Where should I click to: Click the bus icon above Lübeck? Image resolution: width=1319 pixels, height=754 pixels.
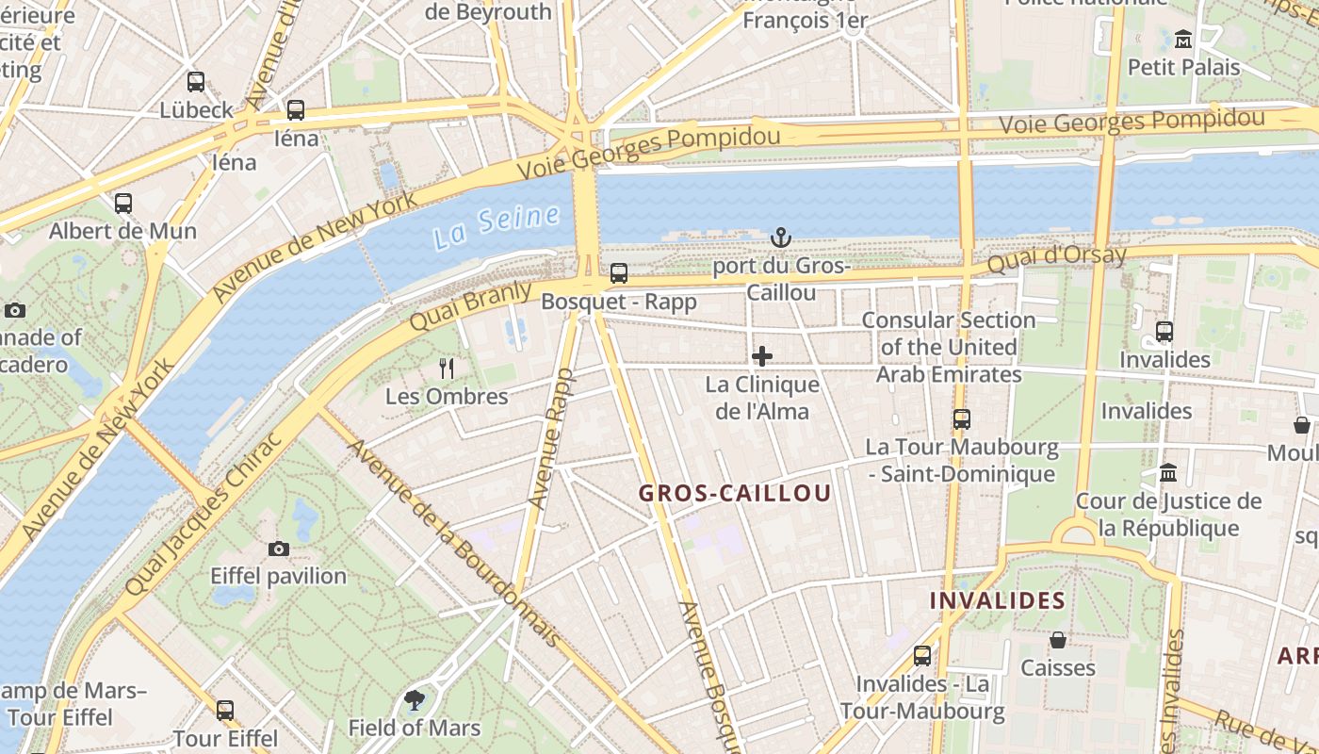pyautogui.click(x=196, y=82)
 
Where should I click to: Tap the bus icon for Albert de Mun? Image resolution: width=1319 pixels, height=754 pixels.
pyautogui.click(x=123, y=203)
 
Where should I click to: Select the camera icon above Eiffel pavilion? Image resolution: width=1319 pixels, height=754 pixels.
pyautogui.click(x=279, y=549)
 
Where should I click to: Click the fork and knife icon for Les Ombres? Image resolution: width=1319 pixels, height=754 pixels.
pyautogui.click(x=448, y=369)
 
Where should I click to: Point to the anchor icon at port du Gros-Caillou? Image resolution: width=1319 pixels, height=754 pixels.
pyautogui.click(x=781, y=238)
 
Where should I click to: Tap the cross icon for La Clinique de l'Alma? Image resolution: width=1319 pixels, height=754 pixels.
pyautogui.click(x=762, y=356)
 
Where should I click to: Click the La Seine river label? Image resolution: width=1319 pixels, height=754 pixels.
pyautogui.click(x=497, y=226)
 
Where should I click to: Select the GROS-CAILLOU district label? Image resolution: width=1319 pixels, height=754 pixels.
pyautogui.click(x=735, y=493)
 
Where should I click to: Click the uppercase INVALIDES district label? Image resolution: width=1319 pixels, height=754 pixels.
pyautogui.click(x=998, y=600)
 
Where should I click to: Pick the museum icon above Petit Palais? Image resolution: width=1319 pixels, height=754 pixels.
pyautogui.click(x=1183, y=40)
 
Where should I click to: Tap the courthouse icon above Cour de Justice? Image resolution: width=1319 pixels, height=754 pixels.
pyautogui.click(x=1168, y=472)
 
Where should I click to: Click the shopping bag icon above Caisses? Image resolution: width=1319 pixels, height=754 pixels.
pyautogui.click(x=1058, y=640)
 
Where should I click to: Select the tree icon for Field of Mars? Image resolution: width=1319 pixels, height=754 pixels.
pyautogui.click(x=414, y=699)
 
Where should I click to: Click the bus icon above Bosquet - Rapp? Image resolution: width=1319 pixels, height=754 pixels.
pyautogui.click(x=619, y=273)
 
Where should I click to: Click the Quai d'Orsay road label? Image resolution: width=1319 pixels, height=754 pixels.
pyautogui.click(x=1056, y=258)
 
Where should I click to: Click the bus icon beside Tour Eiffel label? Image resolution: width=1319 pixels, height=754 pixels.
pyautogui.click(x=225, y=710)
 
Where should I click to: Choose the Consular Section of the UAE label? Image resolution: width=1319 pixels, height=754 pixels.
pyautogui.click(x=949, y=347)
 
